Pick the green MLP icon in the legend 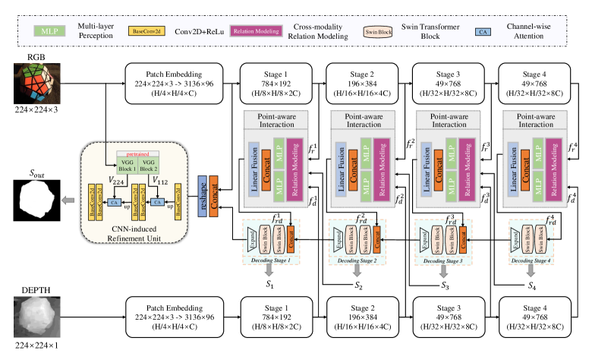coord(48,32)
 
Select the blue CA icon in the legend coord(501,32)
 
